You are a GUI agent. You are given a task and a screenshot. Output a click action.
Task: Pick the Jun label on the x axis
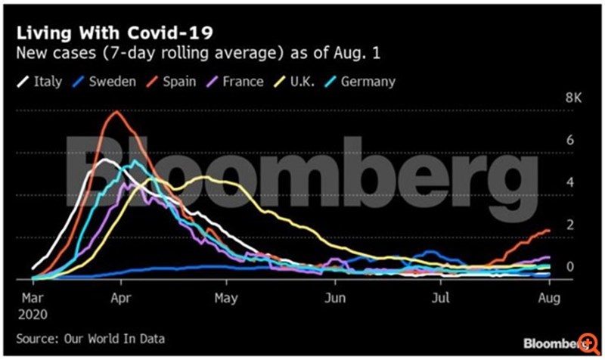(334, 297)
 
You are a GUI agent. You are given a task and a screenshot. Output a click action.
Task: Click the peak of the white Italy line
(104, 160)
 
